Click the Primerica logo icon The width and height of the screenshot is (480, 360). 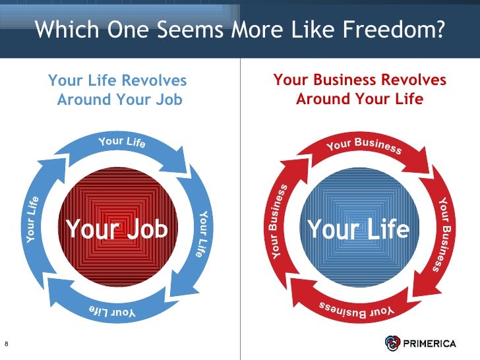point(393,343)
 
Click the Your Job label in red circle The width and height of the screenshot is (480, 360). point(117,229)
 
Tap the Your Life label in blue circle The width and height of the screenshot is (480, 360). point(358,229)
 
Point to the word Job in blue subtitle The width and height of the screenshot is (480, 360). point(168,100)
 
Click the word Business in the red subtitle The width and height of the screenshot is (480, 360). point(359,81)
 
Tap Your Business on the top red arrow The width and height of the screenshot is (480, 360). point(363,145)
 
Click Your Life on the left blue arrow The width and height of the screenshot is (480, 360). point(33,220)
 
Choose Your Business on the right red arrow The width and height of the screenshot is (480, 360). point(446,234)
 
